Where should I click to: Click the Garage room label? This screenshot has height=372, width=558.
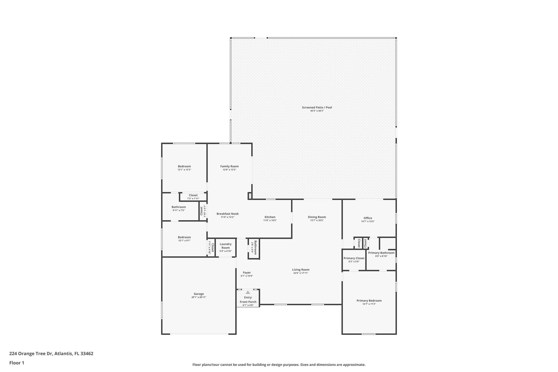coord(199,294)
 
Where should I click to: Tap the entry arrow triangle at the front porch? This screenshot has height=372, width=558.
coord(248,292)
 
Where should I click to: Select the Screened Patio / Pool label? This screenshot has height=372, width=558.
coord(317,107)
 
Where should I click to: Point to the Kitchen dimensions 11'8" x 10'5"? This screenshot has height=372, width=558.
coord(270,220)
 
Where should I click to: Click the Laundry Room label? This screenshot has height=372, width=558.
coord(226,246)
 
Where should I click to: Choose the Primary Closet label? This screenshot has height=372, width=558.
coord(354,258)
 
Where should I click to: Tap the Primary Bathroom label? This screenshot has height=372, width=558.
coord(381,253)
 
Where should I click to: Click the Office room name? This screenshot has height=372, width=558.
coord(368,218)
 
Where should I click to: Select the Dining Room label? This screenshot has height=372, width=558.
coord(317,217)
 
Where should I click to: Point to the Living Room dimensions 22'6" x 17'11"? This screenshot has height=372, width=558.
coord(301,273)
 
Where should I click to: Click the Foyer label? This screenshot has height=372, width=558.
coord(247,273)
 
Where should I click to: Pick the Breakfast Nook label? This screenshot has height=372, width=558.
coord(228,214)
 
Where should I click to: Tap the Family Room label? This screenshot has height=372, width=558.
coord(229,166)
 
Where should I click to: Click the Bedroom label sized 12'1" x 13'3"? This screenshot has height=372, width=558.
coord(184,166)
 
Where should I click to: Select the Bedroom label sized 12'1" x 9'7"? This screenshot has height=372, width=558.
coord(184,237)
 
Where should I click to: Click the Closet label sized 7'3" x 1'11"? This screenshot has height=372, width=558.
coord(193,195)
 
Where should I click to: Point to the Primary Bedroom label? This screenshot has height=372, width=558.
coord(369,301)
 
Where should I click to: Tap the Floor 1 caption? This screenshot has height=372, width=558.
coord(17,363)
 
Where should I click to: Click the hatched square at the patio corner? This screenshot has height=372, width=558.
coord(250,196)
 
